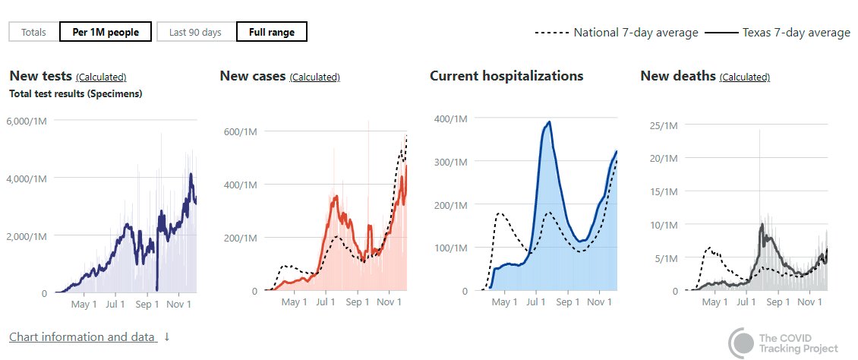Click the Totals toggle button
pos(33,32)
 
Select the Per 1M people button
pos(106,32)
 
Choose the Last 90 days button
pos(195,32)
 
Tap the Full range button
pos(271,32)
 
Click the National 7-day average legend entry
pos(617,33)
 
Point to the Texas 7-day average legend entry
pos(778,33)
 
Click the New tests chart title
pos(41,76)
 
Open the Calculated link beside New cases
pos(315,77)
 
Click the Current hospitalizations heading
pos(506,76)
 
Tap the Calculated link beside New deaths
pos(744,77)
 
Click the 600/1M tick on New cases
pos(241,131)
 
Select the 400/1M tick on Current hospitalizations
pos(452,118)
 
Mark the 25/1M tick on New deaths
pos(661,125)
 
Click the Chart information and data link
pos(83,336)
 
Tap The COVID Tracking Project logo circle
pos(741,343)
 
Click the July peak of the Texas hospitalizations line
pos(549,122)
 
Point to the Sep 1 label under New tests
pos(147,305)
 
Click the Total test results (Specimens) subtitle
pos(76,94)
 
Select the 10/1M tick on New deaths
pos(661,225)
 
